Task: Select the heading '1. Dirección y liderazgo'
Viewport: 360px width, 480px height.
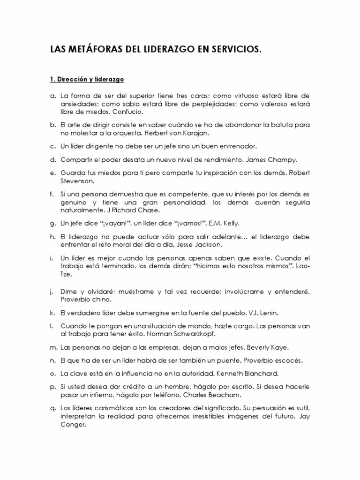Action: pos(87,79)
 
